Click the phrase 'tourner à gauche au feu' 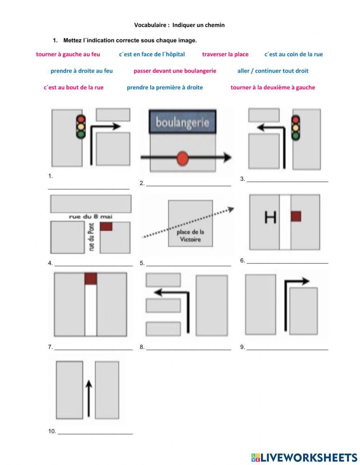(x=68, y=54)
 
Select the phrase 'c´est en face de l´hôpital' (x=152, y=54)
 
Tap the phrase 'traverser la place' (x=225, y=54)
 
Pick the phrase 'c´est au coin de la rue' (x=293, y=54)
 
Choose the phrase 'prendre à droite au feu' (x=81, y=71)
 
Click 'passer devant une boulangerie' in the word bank (x=175, y=71)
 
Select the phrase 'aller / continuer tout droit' (x=273, y=71)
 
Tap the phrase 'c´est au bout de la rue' (x=73, y=88)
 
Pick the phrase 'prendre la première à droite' (x=165, y=88)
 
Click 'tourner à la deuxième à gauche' (x=273, y=88)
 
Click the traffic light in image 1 (x=81, y=126)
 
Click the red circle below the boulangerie (x=183, y=157)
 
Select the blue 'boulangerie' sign (x=183, y=122)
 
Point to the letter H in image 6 (x=270, y=217)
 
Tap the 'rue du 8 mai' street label (x=91, y=217)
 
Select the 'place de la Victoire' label (x=190, y=236)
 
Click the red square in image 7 (x=91, y=278)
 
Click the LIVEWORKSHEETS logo (x=304, y=457)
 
